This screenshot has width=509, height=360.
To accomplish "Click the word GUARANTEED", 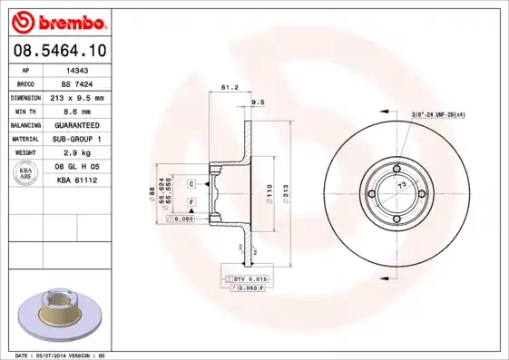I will (x=77, y=124).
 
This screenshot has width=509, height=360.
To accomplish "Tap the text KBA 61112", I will (x=77, y=180).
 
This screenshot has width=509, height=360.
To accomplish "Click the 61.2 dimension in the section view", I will (x=229, y=88).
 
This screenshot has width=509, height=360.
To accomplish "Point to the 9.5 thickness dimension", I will (x=257, y=102).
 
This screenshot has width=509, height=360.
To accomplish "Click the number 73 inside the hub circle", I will (x=402, y=185).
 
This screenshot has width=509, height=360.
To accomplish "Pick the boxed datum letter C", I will (x=192, y=184).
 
